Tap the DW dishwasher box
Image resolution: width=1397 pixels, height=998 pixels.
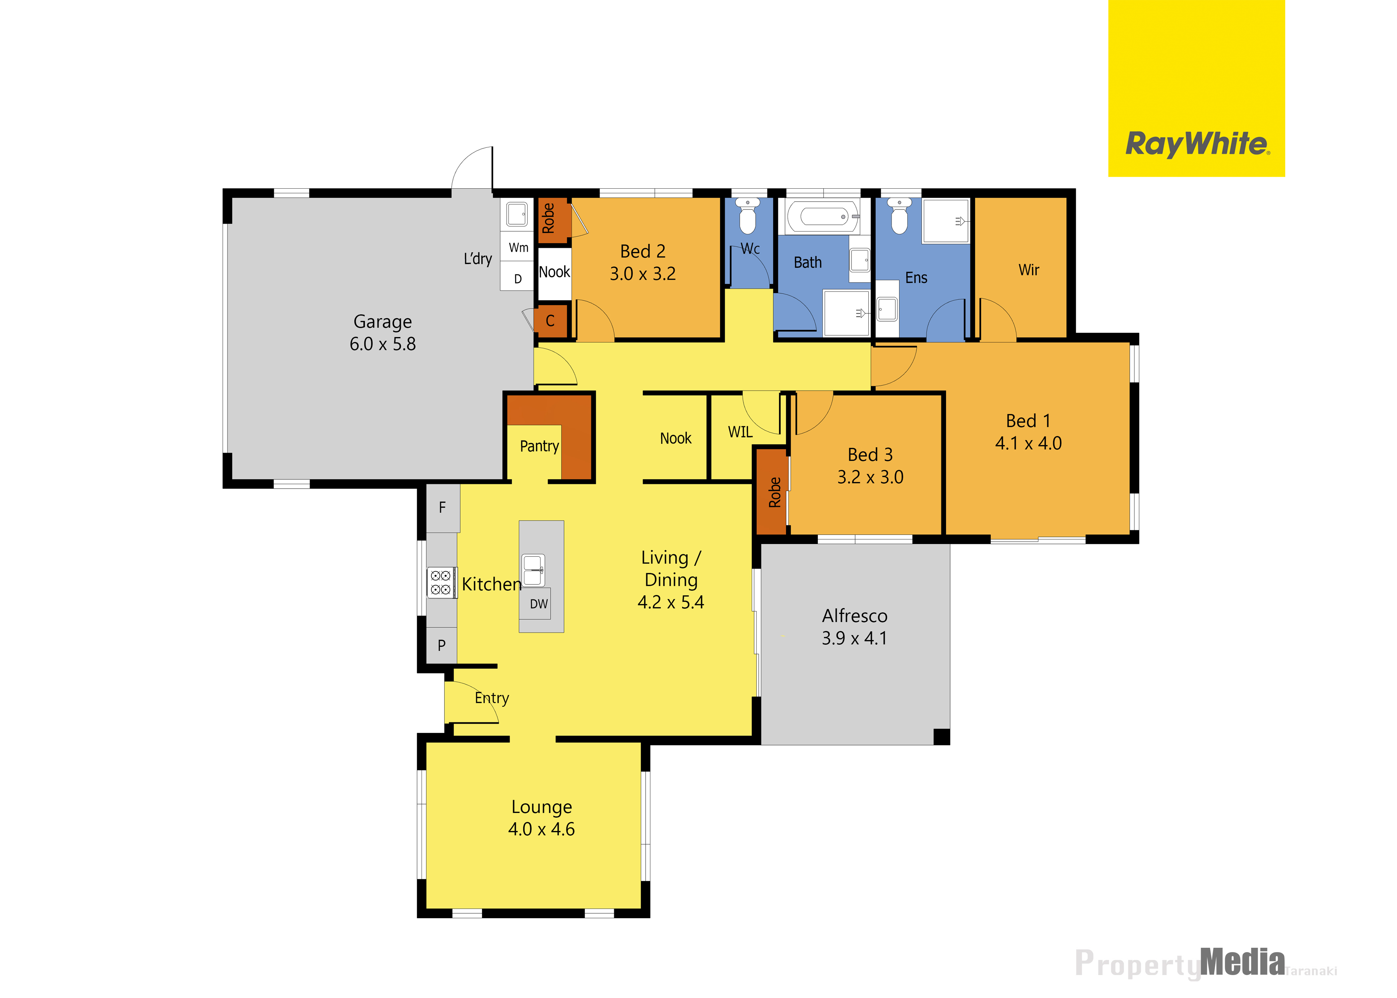539,603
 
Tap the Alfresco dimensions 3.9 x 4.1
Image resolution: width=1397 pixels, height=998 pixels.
854,638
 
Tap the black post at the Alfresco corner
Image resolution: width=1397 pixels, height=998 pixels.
942,737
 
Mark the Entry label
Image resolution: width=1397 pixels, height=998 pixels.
492,698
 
